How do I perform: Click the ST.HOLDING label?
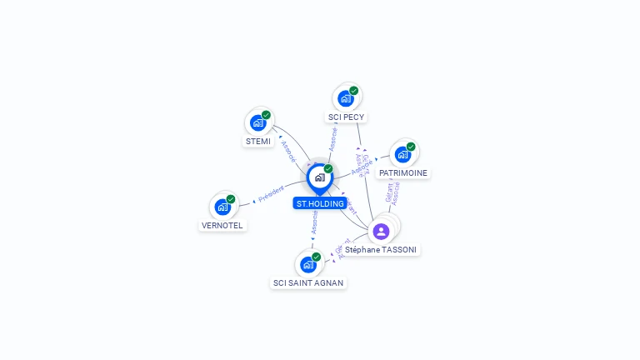[320, 203]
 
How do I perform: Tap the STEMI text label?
[258, 142]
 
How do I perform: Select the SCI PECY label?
[346, 117]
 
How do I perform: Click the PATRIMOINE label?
[402, 173]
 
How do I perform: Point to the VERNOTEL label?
[222, 225]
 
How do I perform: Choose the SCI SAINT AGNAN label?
[308, 282]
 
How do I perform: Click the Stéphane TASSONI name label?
[382, 249]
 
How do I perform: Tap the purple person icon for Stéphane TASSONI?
[381, 231]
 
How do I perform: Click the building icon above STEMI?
[258, 122]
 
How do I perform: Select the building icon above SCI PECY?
[346, 98]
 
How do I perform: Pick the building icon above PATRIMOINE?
[402, 154]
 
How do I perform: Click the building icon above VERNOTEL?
[222, 207]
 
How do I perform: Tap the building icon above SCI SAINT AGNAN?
[308, 264]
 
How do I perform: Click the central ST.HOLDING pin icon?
[319, 177]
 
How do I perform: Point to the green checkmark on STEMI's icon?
[266, 115]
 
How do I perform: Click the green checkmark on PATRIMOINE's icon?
[411, 147]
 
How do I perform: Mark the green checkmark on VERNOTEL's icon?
[231, 199]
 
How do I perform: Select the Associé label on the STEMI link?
[288, 151]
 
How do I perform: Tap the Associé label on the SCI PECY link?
[333, 138]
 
